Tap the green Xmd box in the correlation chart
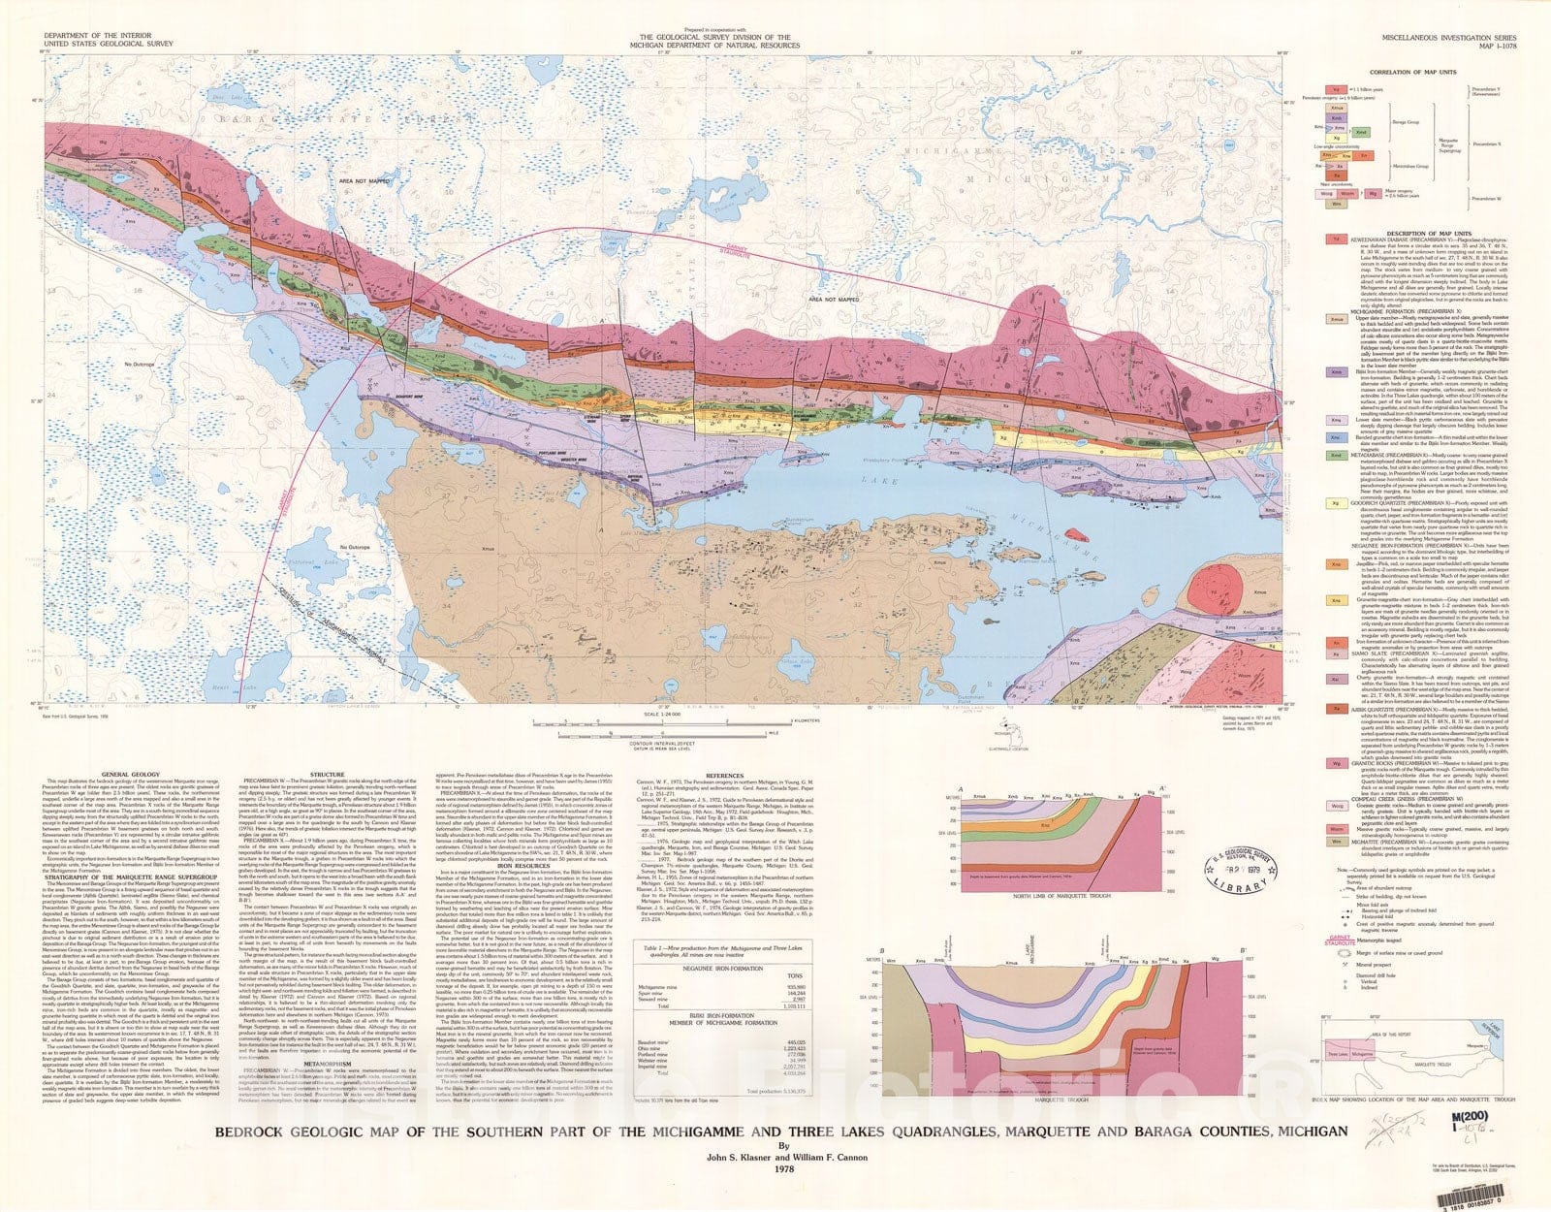click(x=1362, y=132)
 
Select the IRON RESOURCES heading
click(x=524, y=783)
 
